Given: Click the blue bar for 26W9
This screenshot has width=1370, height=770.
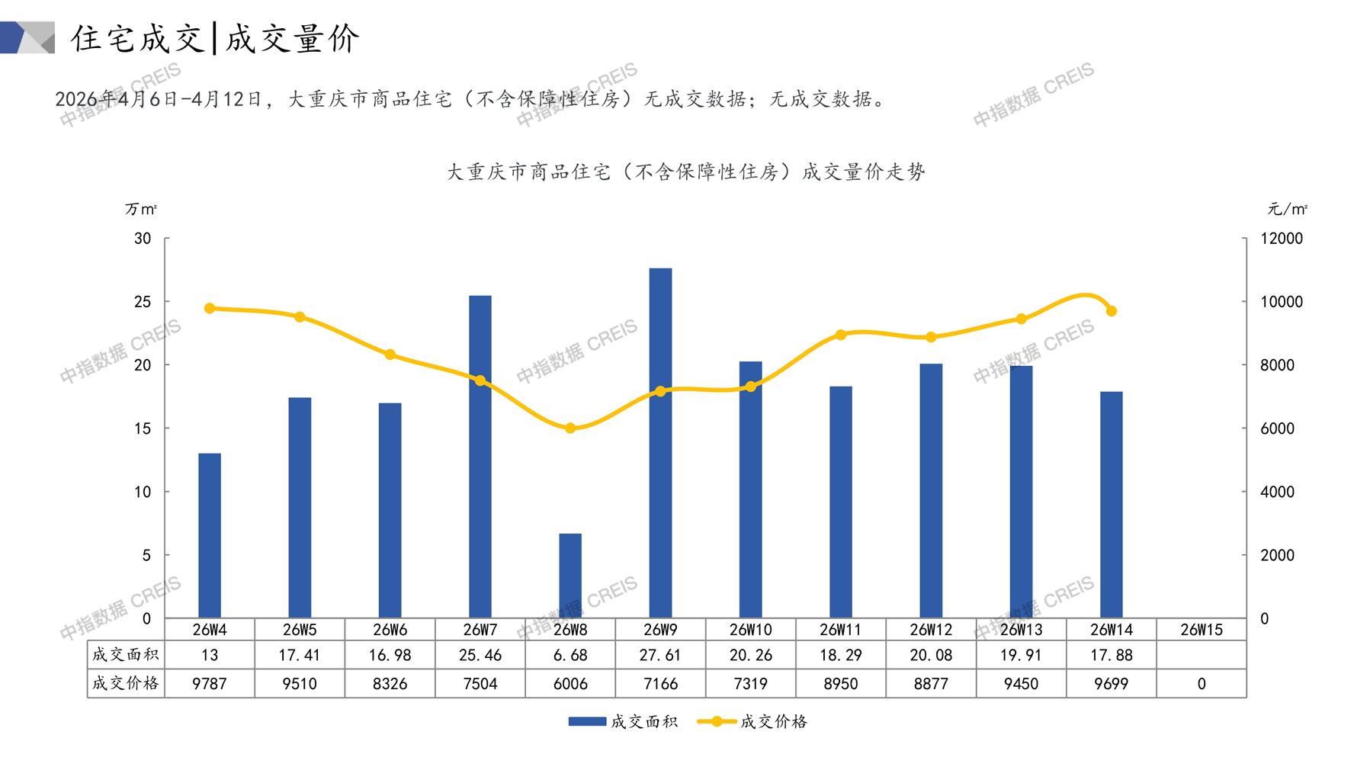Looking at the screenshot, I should tap(660, 442).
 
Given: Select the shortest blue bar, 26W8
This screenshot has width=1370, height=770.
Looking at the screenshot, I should tap(570, 576).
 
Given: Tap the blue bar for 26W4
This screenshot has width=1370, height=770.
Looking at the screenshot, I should tap(210, 535).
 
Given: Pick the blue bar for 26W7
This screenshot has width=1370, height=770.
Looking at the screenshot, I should tap(480, 456).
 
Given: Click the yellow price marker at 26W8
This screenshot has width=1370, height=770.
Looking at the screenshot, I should tap(570, 428).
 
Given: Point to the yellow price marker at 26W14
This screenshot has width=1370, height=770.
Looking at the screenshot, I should tap(1112, 311).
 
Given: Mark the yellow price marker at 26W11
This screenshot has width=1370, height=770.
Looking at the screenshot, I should tap(841, 335).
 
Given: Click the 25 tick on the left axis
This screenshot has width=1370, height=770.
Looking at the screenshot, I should tap(143, 302).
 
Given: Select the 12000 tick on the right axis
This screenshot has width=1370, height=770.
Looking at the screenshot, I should tap(1282, 239).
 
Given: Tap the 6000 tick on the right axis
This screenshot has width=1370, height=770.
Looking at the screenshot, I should tap(1277, 428).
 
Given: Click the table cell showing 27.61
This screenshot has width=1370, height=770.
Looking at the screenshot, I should tap(660, 655).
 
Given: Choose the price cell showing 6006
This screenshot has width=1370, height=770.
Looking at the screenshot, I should tap(570, 684).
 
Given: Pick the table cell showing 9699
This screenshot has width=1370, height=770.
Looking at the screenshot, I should tap(1112, 684).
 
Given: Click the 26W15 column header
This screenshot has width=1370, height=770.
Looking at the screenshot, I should tap(1202, 630).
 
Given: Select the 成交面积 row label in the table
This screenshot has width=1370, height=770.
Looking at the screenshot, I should tap(126, 654).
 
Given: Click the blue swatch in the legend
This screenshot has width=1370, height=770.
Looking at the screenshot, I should tap(587, 721).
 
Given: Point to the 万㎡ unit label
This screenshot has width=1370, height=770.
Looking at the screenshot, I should tap(141, 209).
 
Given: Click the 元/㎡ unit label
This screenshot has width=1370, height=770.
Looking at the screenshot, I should tap(1288, 209).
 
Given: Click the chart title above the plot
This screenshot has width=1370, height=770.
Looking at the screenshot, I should tap(685, 172).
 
